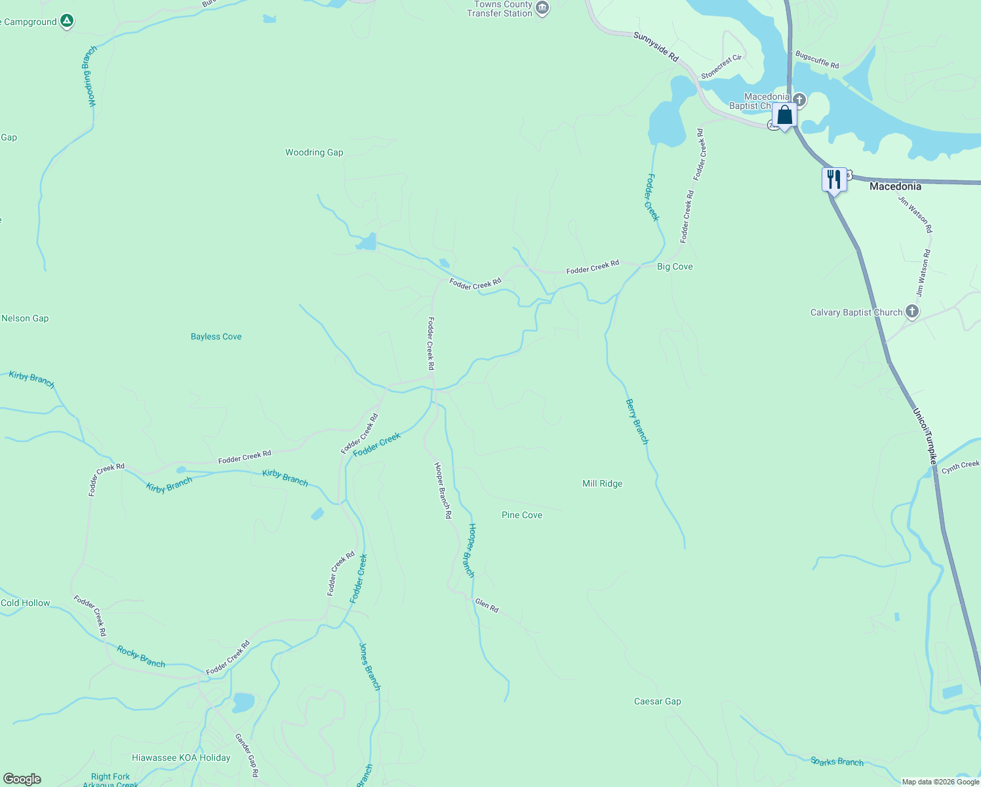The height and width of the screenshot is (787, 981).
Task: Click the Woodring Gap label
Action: pyautogui.click(x=314, y=152)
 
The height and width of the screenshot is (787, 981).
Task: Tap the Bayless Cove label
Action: pyautogui.click(x=216, y=336)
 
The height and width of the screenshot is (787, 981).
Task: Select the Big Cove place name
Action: pyautogui.click(x=675, y=266)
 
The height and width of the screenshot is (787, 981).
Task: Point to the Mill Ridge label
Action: pyautogui.click(x=602, y=483)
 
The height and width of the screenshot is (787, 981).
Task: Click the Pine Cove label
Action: pyautogui.click(x=521, y=515)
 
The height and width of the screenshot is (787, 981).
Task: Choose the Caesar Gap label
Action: pyautogui.click(x=657, y=701)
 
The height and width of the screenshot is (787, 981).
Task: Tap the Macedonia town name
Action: pyautogui.click(x=895, y=186)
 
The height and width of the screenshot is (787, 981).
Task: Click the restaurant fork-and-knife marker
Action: pyautogui.click(x=833, y=179)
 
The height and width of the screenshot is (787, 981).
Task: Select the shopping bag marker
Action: pyautogui.click(x=784, y=115)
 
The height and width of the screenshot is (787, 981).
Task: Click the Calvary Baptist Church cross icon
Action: pyautogui.click(x=912, y=312)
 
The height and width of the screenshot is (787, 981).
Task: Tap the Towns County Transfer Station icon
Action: pyautogui.click(x=542, y=8)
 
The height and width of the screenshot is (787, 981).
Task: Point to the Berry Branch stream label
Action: pyautogui.click(x=637, y=422)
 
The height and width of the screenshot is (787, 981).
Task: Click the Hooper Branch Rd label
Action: pyautogui.click(x=443, y=490)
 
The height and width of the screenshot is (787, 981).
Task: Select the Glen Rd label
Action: pyautogui.click(x=487, y=605)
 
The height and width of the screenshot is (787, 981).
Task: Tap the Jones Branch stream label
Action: pyautogui.click(x=369, y=666)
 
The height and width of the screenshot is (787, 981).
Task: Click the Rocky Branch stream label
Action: pyautogui.click(x=141, y=656)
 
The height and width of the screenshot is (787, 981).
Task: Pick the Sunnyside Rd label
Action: pyautogui.click(x=656, y=47)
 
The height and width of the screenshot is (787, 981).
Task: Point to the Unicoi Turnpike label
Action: pyautogui.click(x=925, y=436)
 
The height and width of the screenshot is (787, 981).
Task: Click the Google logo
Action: pyautogui.click(x=22, y=778)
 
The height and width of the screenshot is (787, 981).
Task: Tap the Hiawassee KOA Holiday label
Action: pyautogui.click(x=181, y=757)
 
